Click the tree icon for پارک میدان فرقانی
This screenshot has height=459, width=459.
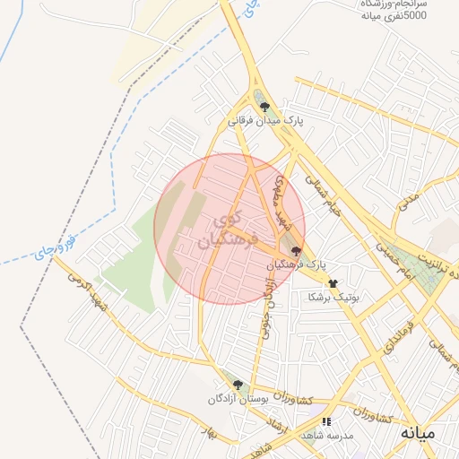[264, 106]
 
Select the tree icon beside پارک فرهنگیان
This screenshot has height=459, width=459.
[297, 252]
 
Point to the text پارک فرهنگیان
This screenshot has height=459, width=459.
[297, 266]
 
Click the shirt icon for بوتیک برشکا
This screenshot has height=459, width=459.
[333, 283]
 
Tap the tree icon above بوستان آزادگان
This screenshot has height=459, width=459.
[238, 385]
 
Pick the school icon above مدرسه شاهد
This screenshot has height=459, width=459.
[327, 420]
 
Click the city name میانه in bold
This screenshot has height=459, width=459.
[418, 434]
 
